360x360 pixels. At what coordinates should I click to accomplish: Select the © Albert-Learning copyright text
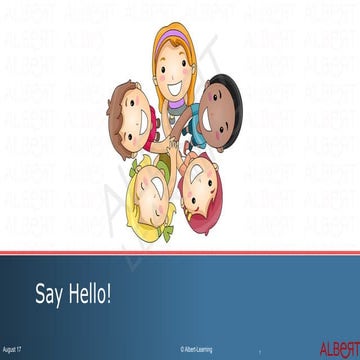click(x=196, y=350)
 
